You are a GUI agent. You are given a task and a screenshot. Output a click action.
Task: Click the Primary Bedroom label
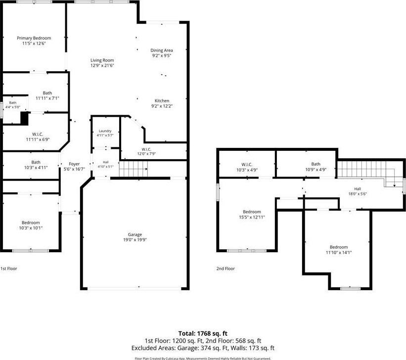[34, 38]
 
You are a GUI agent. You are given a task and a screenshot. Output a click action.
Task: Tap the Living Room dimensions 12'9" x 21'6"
[102, 66]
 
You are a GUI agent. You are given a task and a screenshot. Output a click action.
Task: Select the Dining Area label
[162, 50]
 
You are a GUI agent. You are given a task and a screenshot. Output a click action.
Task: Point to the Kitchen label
[162, 101]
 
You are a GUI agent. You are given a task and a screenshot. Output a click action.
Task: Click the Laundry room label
[105, 131]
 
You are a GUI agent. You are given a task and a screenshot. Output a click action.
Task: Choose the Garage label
[135, 235]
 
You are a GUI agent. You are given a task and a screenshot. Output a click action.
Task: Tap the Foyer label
[74, 164]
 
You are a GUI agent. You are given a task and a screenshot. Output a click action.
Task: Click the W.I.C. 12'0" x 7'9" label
[146, 151]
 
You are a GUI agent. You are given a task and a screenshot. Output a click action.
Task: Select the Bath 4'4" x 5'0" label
[13, 105]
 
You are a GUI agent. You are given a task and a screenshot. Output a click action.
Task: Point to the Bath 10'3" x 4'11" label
[36, 165]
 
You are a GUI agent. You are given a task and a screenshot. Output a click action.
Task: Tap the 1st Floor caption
[9, 269]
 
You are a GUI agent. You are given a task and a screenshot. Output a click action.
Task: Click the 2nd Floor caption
[226, 269]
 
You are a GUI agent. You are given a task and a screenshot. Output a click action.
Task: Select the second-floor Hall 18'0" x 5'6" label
[358, 191]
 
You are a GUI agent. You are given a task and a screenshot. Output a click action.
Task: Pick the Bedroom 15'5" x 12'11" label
[252, 215]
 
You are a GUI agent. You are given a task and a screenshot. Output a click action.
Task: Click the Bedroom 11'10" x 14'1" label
[339, 250]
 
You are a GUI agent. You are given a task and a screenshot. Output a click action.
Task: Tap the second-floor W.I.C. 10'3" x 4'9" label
[247, 167]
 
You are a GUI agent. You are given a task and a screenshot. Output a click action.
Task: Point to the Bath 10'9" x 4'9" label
[316, 167]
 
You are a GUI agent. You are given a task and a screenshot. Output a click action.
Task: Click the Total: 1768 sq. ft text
[203, 333]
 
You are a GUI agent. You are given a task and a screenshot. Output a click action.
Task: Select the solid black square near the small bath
[24, 118]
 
